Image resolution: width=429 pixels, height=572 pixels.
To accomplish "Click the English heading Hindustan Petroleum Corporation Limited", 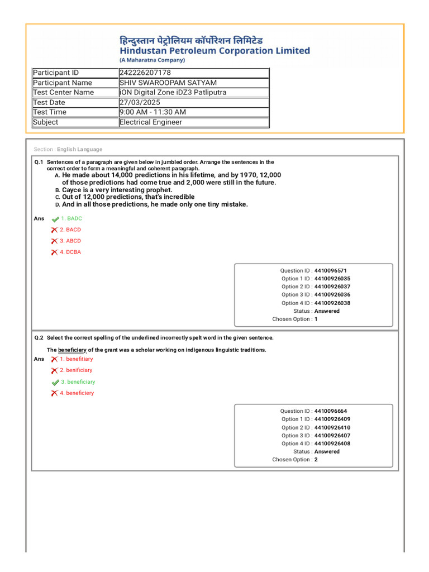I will pos(214,51).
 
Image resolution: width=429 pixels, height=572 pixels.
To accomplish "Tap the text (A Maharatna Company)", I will pos(152,60).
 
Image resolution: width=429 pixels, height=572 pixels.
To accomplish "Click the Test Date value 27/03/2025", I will pos(140,102).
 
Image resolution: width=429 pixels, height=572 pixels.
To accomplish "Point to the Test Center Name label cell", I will pos(64,92).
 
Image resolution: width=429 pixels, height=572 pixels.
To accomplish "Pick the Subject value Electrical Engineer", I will pos(151,122).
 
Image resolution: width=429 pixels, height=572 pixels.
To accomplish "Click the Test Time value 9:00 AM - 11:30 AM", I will pos(152,112).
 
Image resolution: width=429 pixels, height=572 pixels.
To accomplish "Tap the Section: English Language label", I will pos(68,149).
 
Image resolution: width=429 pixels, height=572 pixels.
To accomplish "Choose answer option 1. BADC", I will pos(71,218).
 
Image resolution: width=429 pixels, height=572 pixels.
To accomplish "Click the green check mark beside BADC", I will pos(55,219).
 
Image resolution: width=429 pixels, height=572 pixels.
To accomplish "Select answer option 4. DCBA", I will pos(70,252).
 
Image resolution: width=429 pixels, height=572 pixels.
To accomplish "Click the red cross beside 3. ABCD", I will pos(54,241).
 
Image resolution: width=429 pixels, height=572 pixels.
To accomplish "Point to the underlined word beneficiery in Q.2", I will pos(72,350).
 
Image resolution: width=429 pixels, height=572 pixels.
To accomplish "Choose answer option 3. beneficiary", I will pos(78,382).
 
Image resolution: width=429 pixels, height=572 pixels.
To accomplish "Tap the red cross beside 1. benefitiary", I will pos(54,359).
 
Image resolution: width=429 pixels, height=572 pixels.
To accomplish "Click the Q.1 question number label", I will pos(39,162).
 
